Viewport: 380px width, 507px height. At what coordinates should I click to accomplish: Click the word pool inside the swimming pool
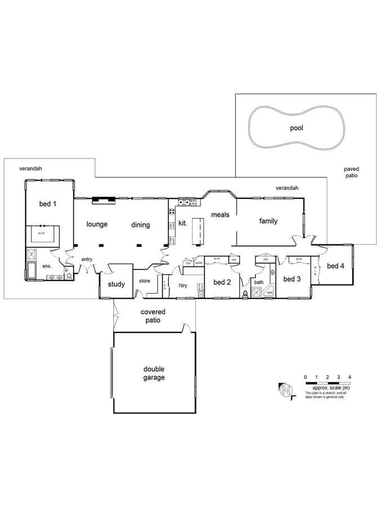296,128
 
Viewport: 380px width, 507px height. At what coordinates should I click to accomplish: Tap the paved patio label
352,172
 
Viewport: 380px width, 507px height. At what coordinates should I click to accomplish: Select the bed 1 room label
47,203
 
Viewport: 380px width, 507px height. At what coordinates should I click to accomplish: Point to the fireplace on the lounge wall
105,198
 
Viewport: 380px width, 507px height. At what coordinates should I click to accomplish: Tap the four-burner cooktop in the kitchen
183,202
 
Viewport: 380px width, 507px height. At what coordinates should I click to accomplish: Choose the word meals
220,215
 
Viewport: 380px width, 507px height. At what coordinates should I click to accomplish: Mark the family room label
268,221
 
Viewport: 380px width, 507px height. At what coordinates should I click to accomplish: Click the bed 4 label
336,266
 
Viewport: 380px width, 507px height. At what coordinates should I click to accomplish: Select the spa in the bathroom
270,293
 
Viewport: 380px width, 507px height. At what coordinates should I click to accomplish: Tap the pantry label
199,263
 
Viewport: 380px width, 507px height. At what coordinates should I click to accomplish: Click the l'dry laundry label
182,285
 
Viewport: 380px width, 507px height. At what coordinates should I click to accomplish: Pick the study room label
117,284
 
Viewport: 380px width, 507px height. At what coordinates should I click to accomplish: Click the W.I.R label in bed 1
42,233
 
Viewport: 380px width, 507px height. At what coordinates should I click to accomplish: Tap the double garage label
154,373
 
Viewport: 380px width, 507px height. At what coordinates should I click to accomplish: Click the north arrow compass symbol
287,390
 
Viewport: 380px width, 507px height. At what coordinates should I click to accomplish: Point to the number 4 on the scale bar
350,376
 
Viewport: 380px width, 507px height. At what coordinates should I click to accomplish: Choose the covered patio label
153,315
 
